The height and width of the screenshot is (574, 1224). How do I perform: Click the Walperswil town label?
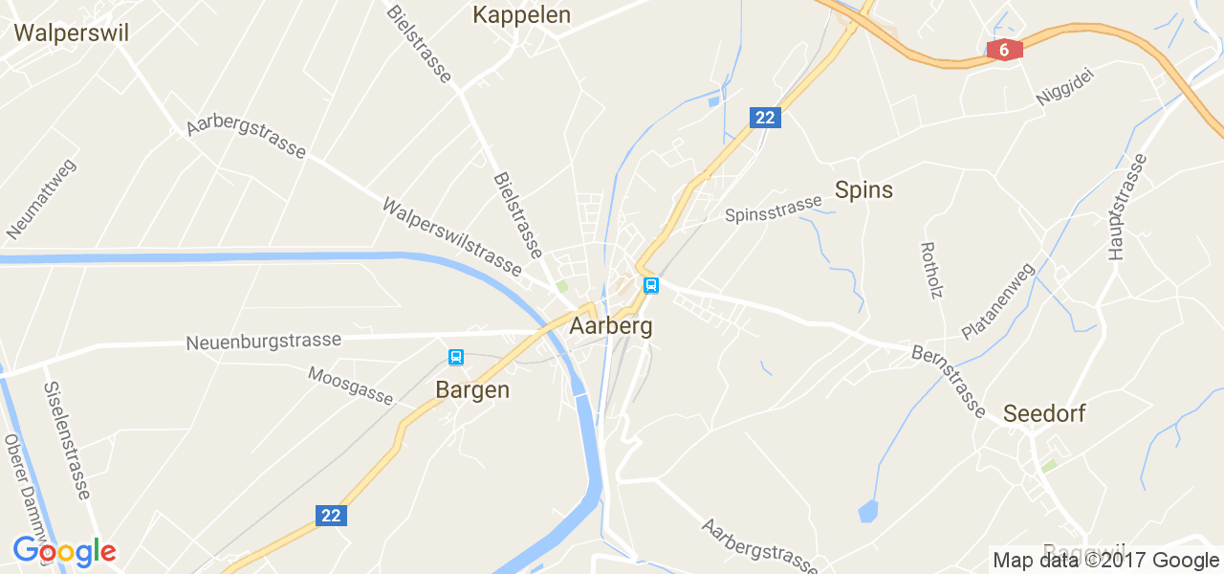[x=72, y=33]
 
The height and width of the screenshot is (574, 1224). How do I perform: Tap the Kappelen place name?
[x=521, y=14]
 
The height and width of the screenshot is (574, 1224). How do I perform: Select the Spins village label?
[x=863, y=189]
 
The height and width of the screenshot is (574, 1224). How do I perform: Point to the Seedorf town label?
[x=1044, y=414]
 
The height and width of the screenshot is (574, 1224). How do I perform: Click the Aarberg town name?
[x=611, y=326]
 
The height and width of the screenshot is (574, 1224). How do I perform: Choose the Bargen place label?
[x=472, y=390]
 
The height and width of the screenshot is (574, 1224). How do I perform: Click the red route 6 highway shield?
[x=1004, y=50]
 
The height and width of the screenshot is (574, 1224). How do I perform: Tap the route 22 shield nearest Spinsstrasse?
[x=765, y=118]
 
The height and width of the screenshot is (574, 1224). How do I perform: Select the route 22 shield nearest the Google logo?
[x=331, y=516]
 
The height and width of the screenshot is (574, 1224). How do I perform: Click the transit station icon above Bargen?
[x=456, y=358]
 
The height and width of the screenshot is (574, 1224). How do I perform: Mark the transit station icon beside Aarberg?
[x=651, y=285]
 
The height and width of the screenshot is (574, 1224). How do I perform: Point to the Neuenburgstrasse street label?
[x=264, y=342]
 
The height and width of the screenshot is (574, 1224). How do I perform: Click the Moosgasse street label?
[x=350, y=385]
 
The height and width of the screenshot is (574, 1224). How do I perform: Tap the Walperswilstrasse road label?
[x=451, y=237]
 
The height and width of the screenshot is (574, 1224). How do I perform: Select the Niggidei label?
[x=1063, y=86]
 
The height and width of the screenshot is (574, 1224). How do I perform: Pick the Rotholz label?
[x=931, y=270]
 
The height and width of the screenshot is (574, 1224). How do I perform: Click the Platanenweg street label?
[x=998, y=301]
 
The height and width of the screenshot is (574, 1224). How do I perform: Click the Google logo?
[x=64, y=552]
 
